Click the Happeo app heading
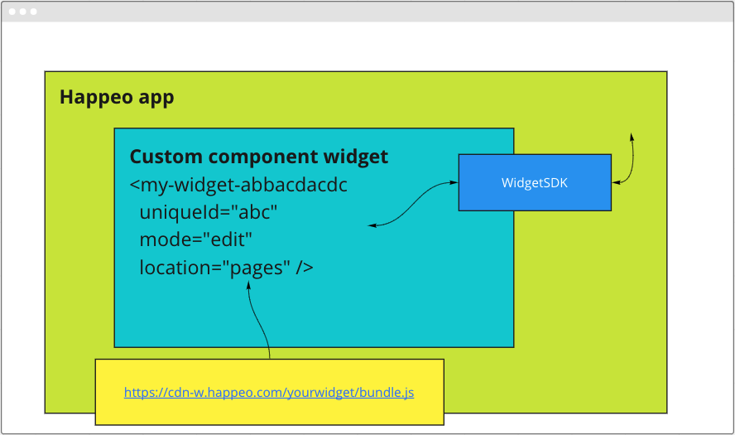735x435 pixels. (117, 98)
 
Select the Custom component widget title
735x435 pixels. (259, 157)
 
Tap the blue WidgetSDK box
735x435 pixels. (535, 182)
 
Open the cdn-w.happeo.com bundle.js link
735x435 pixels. (269, 392)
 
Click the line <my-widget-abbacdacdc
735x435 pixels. (238, 185)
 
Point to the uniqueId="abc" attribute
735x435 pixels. (209, 212)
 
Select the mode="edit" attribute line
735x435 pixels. (196, 239)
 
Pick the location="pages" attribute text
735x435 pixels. (215, 268)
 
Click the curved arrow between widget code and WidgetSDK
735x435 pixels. (411, 205)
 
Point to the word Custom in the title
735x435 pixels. (166, 157)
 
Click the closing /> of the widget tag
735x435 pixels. (305, 268)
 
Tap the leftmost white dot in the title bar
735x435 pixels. (12, 12)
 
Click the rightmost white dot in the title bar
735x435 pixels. (34, 12)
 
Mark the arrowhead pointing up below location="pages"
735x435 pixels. (249, 285)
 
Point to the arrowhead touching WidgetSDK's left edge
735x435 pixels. (454, 182)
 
